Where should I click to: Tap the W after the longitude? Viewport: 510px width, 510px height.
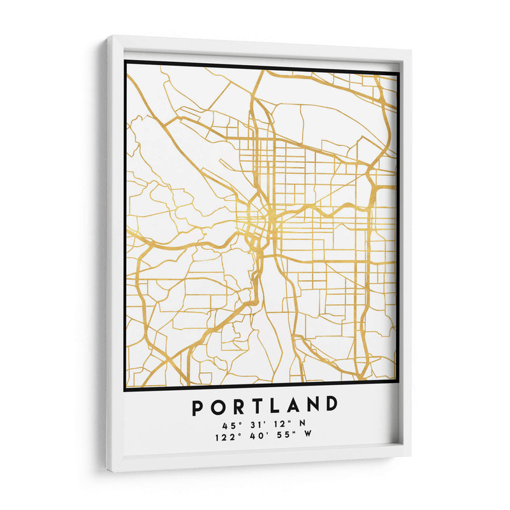point(309,435)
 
